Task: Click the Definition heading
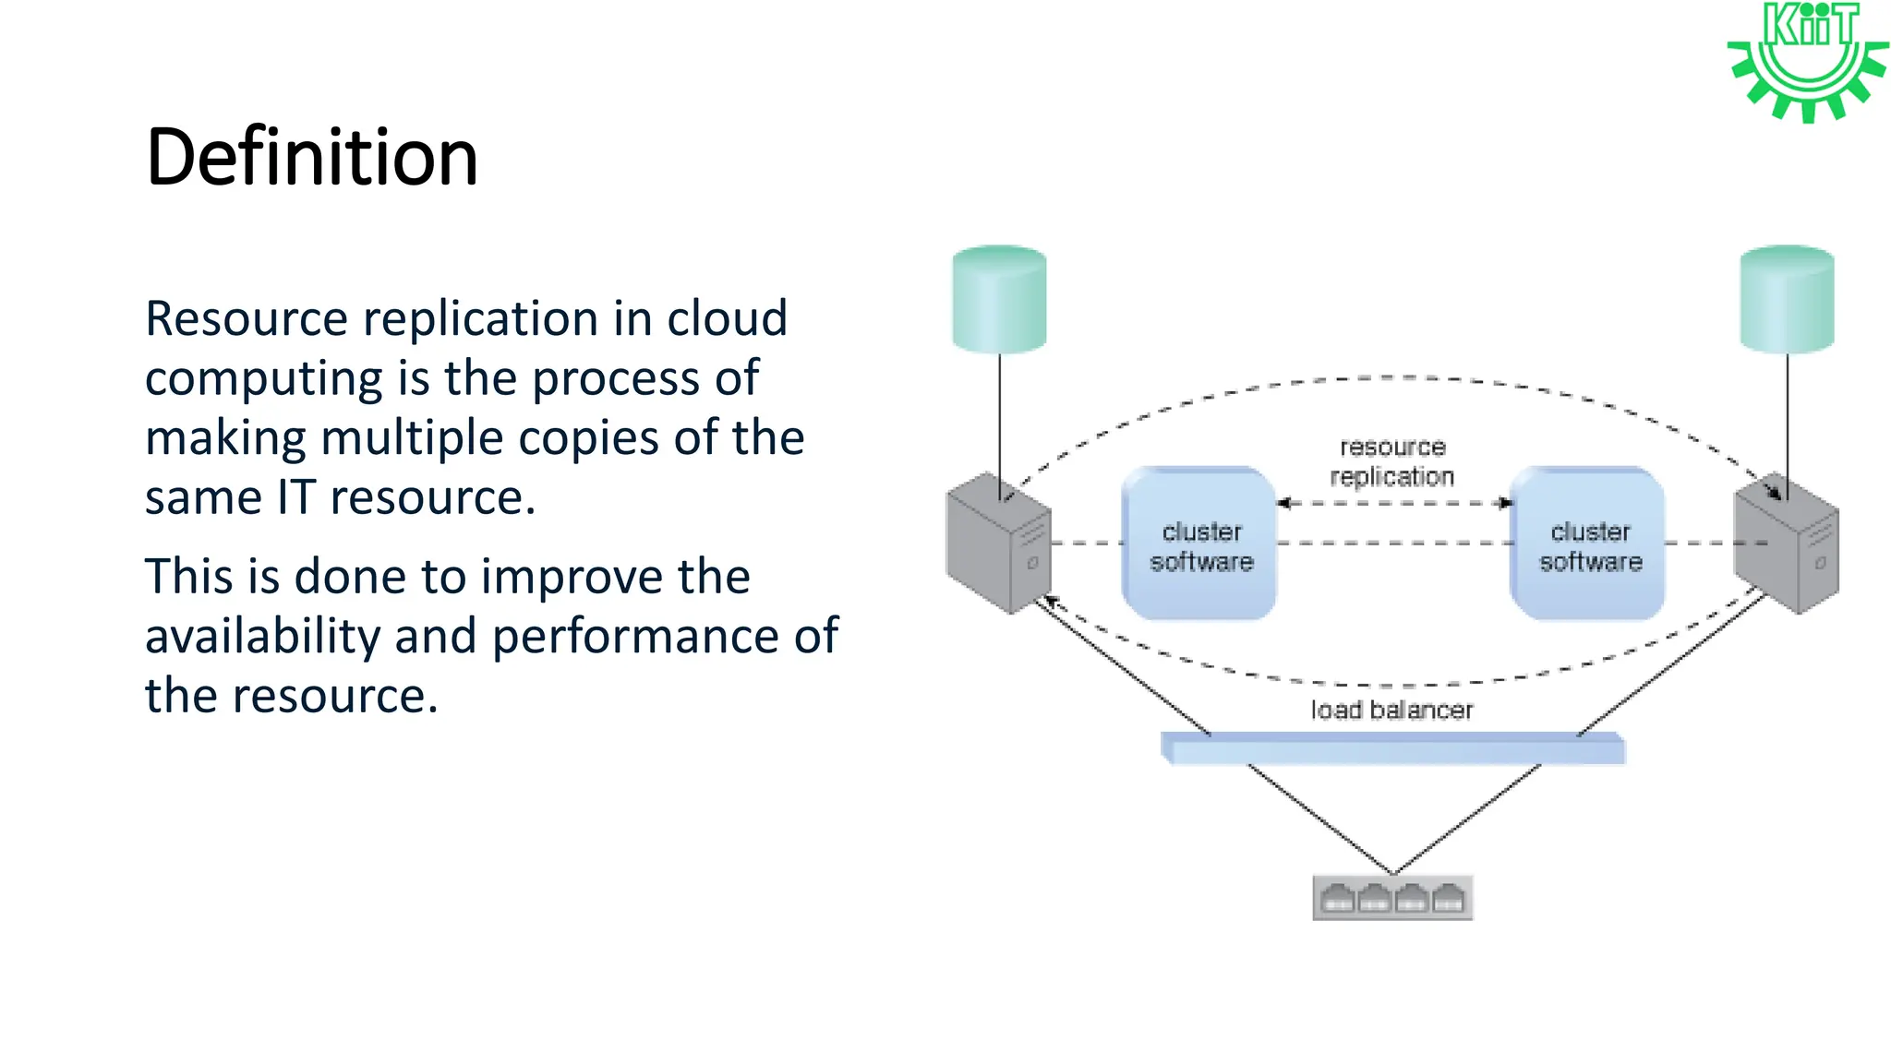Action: click(311, 157)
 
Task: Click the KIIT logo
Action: click(1807, 61)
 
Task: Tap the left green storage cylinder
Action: click(999, 299)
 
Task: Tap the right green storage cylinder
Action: click(1787, 299)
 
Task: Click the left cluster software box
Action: click(1199, 544)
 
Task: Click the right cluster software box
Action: click(1588, 544)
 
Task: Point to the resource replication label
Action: click(1391, 461)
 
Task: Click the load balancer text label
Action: click(1391, 710)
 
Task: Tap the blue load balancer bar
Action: click(1392, 748)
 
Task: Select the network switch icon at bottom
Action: click(1392, 898)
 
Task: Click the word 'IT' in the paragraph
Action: click(295, 498)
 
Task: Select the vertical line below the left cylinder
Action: click(999, 415)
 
